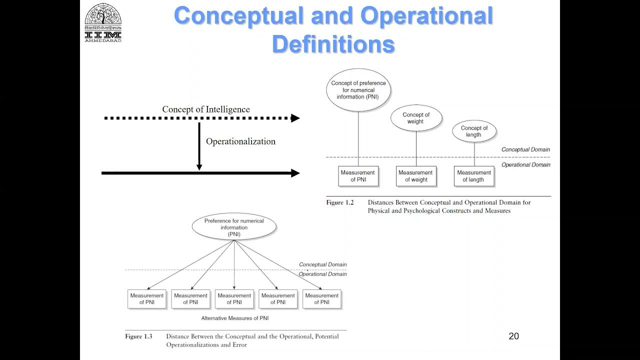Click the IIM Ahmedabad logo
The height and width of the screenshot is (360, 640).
(x=103, y=22)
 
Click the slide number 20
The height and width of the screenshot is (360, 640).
(x=513, y=336)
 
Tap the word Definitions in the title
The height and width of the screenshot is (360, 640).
(x=333, y=44)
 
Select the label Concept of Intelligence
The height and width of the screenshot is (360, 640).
(x=206, y=109)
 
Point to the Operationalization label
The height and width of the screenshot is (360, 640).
(x=240, y=141)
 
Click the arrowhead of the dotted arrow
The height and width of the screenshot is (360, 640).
(x=295, y=118)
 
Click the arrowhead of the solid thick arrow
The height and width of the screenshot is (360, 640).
(x=295, y=173)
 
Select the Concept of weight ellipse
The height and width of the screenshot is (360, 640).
(x=416, y=118)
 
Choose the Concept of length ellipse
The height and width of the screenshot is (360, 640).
(x=473, y=131)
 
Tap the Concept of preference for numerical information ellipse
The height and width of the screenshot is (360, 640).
(x=358, y=90)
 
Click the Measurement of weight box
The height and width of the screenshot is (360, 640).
(x=415, y=176)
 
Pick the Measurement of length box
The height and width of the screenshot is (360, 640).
(x=473, y=176)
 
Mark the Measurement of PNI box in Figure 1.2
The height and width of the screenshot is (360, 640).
(x=358, y=176)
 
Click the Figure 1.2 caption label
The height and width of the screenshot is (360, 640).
(x=340, y=203)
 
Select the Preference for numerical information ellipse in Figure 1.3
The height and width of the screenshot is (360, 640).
(x=234, y=227)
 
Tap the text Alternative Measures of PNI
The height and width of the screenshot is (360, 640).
(x=235, y=318)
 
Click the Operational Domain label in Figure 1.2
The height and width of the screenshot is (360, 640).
(x=525, y=164)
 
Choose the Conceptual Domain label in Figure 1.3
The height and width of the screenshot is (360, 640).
(x=322, y=264)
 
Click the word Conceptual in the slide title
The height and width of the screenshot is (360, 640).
(x=238, y=16)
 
